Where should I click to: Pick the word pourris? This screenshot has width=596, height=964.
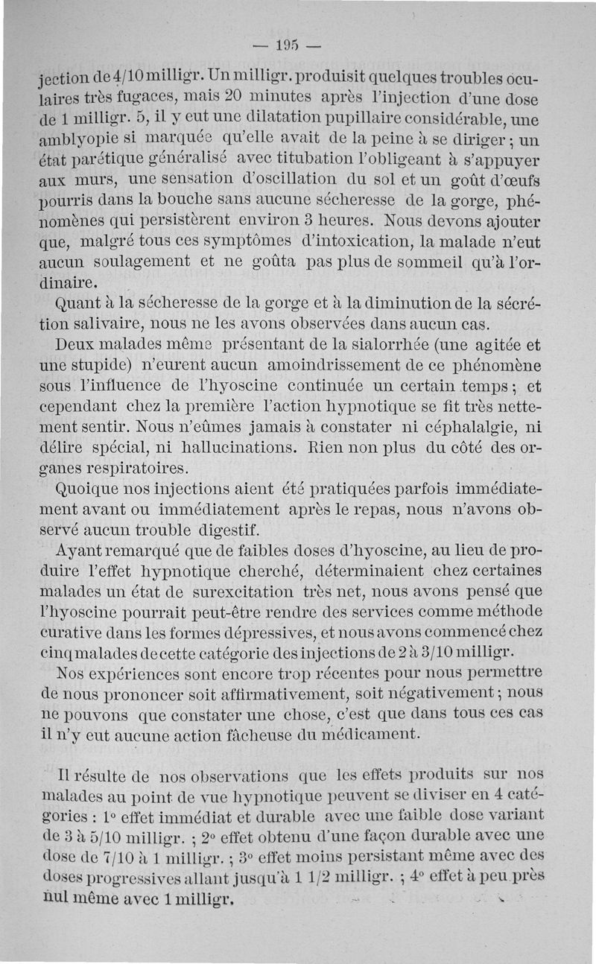67,201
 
